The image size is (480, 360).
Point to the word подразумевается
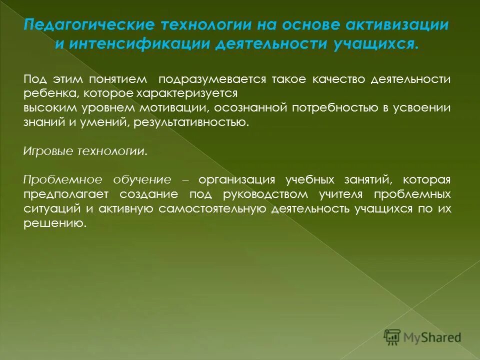coord(212,80)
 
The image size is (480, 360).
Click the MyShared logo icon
coord(392,337)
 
